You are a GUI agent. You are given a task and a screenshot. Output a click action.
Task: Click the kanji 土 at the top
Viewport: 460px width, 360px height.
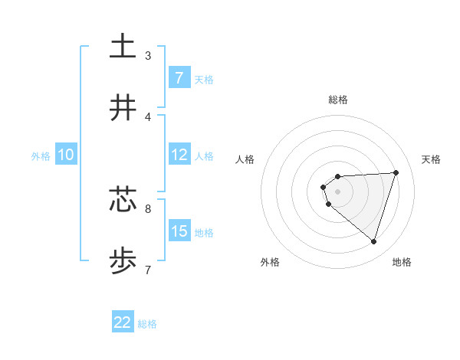coord(123,47)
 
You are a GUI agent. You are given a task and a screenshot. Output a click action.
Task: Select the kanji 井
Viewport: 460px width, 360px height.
coord(123,108)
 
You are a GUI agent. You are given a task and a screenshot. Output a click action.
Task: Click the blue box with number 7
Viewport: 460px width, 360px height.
coord(179,77)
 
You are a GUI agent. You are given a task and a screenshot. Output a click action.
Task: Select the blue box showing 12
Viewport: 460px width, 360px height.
coord(179,155)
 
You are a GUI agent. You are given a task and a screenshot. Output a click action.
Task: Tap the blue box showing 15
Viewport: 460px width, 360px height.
coord(179,231)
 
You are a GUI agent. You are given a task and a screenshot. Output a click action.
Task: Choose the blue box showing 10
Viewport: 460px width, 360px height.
coord(65,155)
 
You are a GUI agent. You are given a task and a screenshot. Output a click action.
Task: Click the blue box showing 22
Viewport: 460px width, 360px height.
coord(123,322)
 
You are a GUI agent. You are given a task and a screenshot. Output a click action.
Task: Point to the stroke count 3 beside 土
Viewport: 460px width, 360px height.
coord(148,55)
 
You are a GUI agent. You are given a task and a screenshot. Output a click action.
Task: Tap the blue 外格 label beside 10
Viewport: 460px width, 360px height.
coord(41,155)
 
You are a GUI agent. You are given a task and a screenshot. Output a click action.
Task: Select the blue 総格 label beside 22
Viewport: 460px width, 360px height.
coord(147,323)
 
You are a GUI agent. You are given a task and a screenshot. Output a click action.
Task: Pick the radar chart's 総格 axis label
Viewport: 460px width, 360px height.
coord(338,100)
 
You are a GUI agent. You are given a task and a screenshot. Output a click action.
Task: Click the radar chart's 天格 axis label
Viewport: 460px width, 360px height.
coord(432,159)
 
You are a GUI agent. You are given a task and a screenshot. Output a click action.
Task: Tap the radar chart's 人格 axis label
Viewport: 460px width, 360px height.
coord(245,159)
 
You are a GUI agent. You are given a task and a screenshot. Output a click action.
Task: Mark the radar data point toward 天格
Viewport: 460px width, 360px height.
coord(396,172)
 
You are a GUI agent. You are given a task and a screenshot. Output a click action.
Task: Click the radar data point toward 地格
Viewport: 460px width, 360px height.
coord(373,241)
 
